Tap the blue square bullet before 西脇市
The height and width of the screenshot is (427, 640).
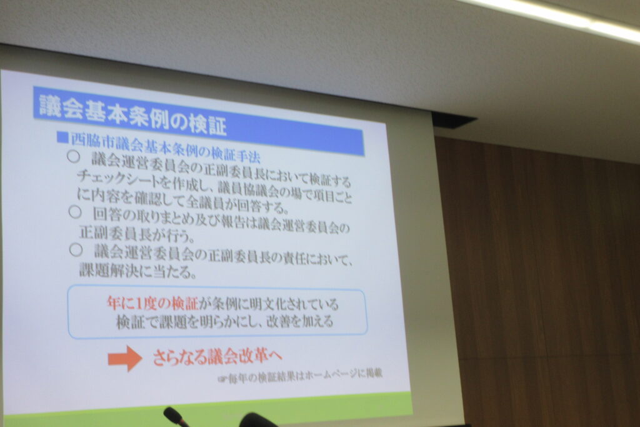click(x=62, y=137)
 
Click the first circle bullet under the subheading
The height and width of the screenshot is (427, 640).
click(x=73, y=157)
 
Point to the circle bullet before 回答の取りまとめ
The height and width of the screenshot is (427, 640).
click(x=75, y=212)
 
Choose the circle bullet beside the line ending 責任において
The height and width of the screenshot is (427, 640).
click(x=76, y=250)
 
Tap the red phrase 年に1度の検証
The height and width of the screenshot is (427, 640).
click(x=152, y=303)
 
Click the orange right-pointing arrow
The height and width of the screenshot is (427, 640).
click(x=125, y=358)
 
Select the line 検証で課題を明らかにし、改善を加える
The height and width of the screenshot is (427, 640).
click(x=225, y=322)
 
